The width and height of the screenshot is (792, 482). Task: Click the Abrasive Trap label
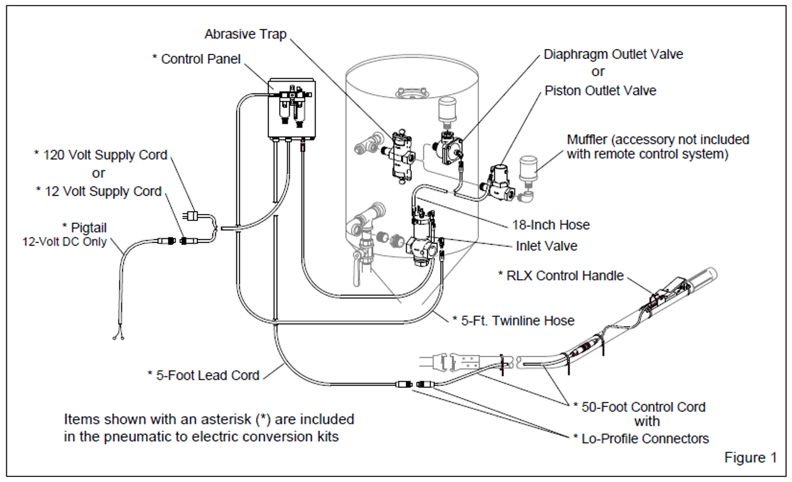246,34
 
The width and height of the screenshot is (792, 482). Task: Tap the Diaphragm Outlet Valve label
613,54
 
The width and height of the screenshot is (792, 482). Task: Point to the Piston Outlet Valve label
600,91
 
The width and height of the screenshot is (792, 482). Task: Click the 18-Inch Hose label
551,225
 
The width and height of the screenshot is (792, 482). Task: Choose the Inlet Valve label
546,246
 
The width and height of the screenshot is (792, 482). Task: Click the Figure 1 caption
751,458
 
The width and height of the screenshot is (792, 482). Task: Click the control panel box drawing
291,108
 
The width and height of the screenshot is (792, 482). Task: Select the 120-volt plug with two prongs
191,216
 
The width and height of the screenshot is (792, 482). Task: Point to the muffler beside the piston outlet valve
528,172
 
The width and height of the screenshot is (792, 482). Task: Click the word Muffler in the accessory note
587,140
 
